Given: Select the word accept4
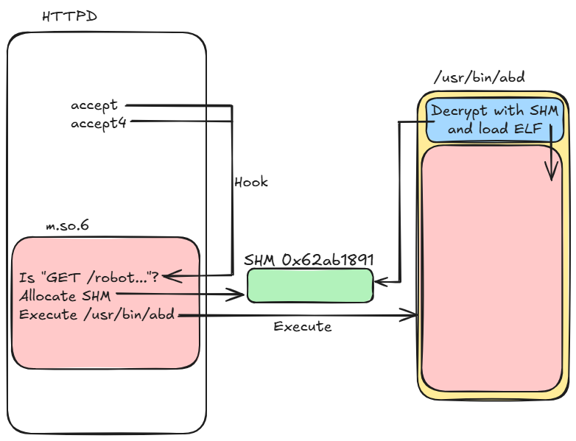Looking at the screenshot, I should click(99, 123).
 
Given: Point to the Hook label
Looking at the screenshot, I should click(250, 182).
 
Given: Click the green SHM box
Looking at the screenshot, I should click(309, 286).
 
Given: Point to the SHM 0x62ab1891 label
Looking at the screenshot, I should click(309, 260).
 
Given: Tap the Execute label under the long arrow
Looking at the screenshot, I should click(302, 326).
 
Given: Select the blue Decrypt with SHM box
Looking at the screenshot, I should click(495, 120).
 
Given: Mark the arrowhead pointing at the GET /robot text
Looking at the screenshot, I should click(169, 277).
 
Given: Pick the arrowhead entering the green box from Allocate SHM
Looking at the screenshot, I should click(239, 294).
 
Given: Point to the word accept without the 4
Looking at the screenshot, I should click(94, 105).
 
